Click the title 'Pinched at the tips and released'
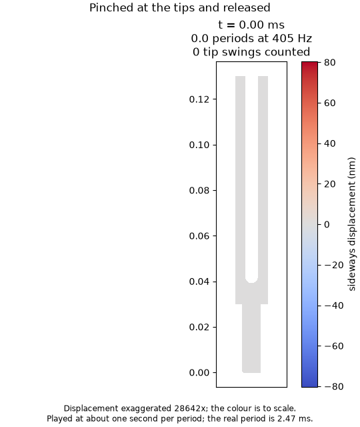click(179, 7)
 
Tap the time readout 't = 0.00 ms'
click(251, 25)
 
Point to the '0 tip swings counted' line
click(251, 52)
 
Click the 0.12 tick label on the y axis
click(199, 99)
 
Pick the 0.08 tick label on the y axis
click(199, 190)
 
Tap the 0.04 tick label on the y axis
click(199, 282)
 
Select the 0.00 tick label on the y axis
click(199, 372)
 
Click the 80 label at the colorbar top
click(330, 62)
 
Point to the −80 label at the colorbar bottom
click(334, 386)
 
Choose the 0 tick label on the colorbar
click(327, 225)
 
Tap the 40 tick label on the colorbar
click(330, 143)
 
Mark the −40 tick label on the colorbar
click(334, 306)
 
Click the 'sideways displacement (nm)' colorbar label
click(352, 224)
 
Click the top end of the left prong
click(240, 77)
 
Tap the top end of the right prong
click(263, 77)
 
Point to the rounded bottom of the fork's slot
click(252, 282)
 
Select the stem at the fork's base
click(251, 338)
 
